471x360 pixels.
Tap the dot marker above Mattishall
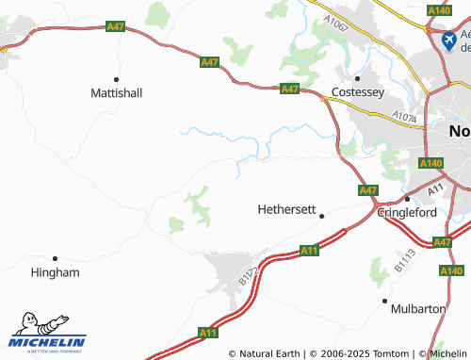[117, 78]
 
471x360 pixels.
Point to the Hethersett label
[286, 209]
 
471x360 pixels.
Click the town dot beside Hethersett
[321, 216]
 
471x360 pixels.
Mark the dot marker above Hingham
[56, 257]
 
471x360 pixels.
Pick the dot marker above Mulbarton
[384, 301]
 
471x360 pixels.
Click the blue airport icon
[448, 41]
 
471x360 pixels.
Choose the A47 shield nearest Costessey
[290, 90]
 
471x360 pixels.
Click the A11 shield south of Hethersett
[309, 251]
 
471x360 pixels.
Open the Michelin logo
[47, 334]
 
